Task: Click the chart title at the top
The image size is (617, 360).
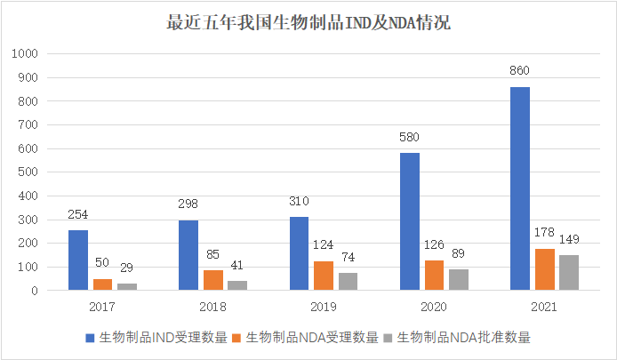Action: (308, 22)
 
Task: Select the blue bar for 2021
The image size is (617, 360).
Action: (520, 188)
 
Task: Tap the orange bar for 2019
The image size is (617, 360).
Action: (324, 276)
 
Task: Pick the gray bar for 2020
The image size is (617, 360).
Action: (458, 280)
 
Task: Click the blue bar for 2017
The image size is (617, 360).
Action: (78, 260)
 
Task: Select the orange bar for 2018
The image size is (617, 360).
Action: (212, 280)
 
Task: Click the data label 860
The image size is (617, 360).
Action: (520, 70)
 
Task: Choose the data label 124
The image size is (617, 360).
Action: (324, 244)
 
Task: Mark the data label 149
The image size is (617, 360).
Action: (568, 239)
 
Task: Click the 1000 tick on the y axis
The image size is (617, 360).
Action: (26, 54)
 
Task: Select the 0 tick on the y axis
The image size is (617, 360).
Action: (35, 291)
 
